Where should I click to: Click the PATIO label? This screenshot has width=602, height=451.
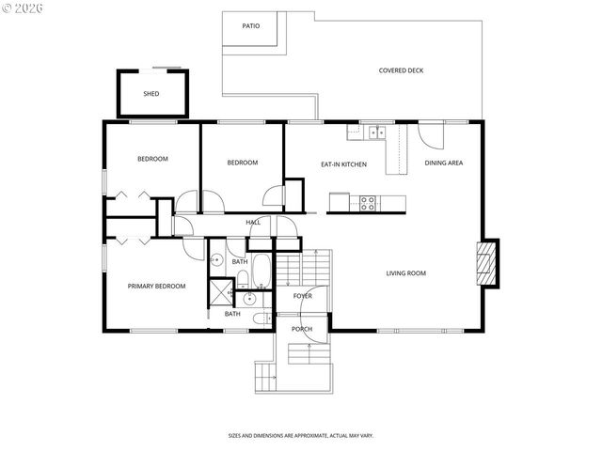[250, 25]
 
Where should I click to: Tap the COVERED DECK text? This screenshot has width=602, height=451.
[401, 70]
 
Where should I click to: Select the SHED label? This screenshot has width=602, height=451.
[150, 94]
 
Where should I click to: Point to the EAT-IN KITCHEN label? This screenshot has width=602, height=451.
[343, 164]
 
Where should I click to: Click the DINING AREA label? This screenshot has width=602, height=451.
[443, 163]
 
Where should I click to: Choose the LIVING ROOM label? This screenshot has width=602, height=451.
[405, 273]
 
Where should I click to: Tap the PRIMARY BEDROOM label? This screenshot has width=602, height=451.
[157, 286]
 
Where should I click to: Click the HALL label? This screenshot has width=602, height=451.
[253, 223]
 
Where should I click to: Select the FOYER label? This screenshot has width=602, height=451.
[302, 296]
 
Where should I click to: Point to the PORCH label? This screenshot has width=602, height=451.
[302, 329]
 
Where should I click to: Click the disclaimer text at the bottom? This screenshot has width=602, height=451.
[300, 436]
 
